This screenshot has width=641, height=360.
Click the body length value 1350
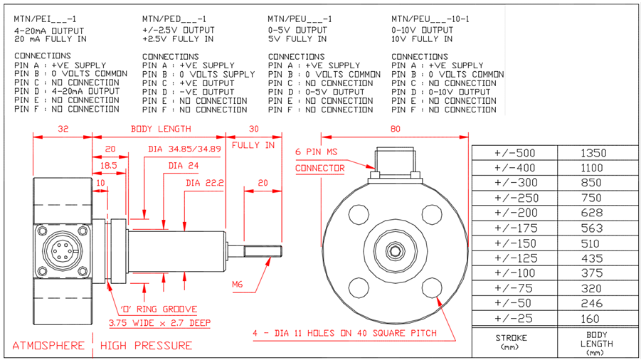point(593,153)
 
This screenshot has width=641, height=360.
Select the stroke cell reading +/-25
point(514,319)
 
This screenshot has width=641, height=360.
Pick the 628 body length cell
point(593,213)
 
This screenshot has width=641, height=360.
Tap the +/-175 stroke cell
point(514,228)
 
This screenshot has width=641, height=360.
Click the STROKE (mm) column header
point(514,341)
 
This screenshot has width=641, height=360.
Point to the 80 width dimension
point(396,129)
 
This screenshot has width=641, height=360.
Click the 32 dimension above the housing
point(63,129)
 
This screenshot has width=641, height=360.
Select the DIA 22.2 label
point(205,183)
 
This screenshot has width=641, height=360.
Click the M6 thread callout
point(238,285)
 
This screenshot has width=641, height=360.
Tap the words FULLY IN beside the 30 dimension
point(253,145)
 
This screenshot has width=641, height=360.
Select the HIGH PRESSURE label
point(147,346)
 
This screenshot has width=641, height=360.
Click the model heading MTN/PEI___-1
point(44,19)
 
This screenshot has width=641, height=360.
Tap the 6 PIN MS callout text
point(317,152)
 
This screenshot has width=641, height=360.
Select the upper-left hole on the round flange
point(357,213)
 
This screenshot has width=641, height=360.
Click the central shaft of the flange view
point(394,251)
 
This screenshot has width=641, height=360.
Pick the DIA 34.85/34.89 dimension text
point(184,149)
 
